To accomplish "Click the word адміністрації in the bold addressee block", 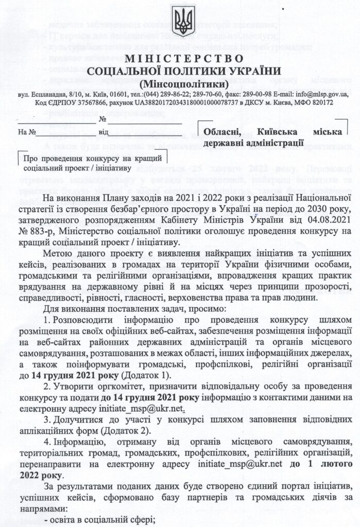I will (276, 142).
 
